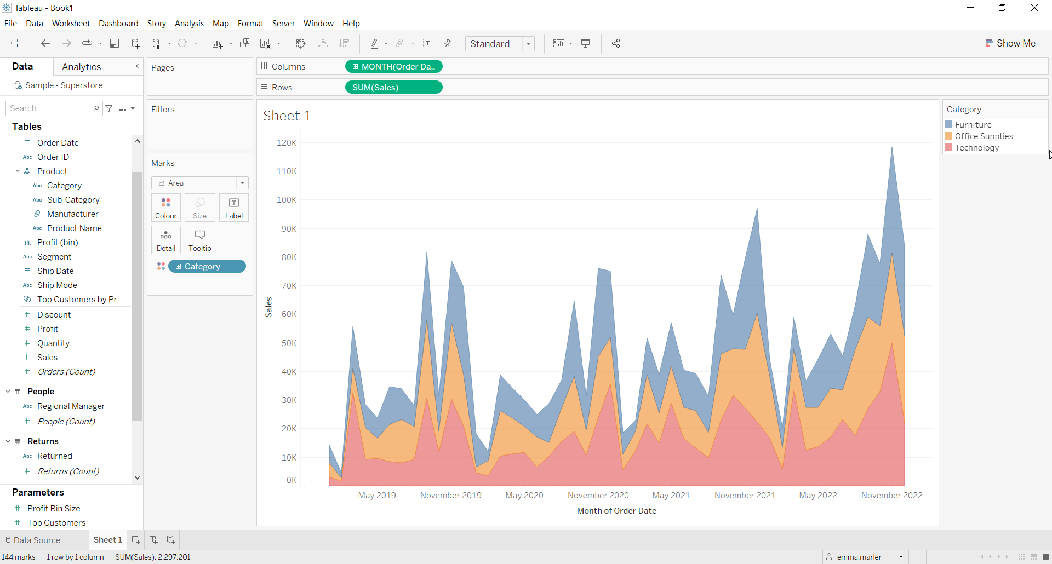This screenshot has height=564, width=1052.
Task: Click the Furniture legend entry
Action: point(973,125)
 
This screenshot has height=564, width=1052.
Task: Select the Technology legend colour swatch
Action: point(948,148)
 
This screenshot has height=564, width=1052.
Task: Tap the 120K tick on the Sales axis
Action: point(287,143)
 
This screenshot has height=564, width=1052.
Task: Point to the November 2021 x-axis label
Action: point(745,496)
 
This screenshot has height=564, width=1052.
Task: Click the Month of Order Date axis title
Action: point(616,511)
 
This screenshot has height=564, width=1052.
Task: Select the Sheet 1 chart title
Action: point(287,116)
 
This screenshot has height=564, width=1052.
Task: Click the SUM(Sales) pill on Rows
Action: point(393,88)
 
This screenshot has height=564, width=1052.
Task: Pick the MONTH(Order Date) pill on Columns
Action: point(393,67)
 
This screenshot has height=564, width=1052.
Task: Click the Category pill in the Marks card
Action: point(207,267)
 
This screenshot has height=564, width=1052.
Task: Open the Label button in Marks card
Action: point(234,208)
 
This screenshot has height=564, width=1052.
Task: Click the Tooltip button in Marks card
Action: point(200,240)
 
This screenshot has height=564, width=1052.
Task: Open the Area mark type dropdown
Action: point(200,183)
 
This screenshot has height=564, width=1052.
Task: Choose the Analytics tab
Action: point(81,67)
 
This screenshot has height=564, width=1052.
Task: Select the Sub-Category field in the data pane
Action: point(73,200)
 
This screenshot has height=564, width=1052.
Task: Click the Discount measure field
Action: point(54,315)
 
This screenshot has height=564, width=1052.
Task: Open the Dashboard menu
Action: point(118,24)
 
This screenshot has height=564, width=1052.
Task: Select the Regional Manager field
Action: point(71,406)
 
